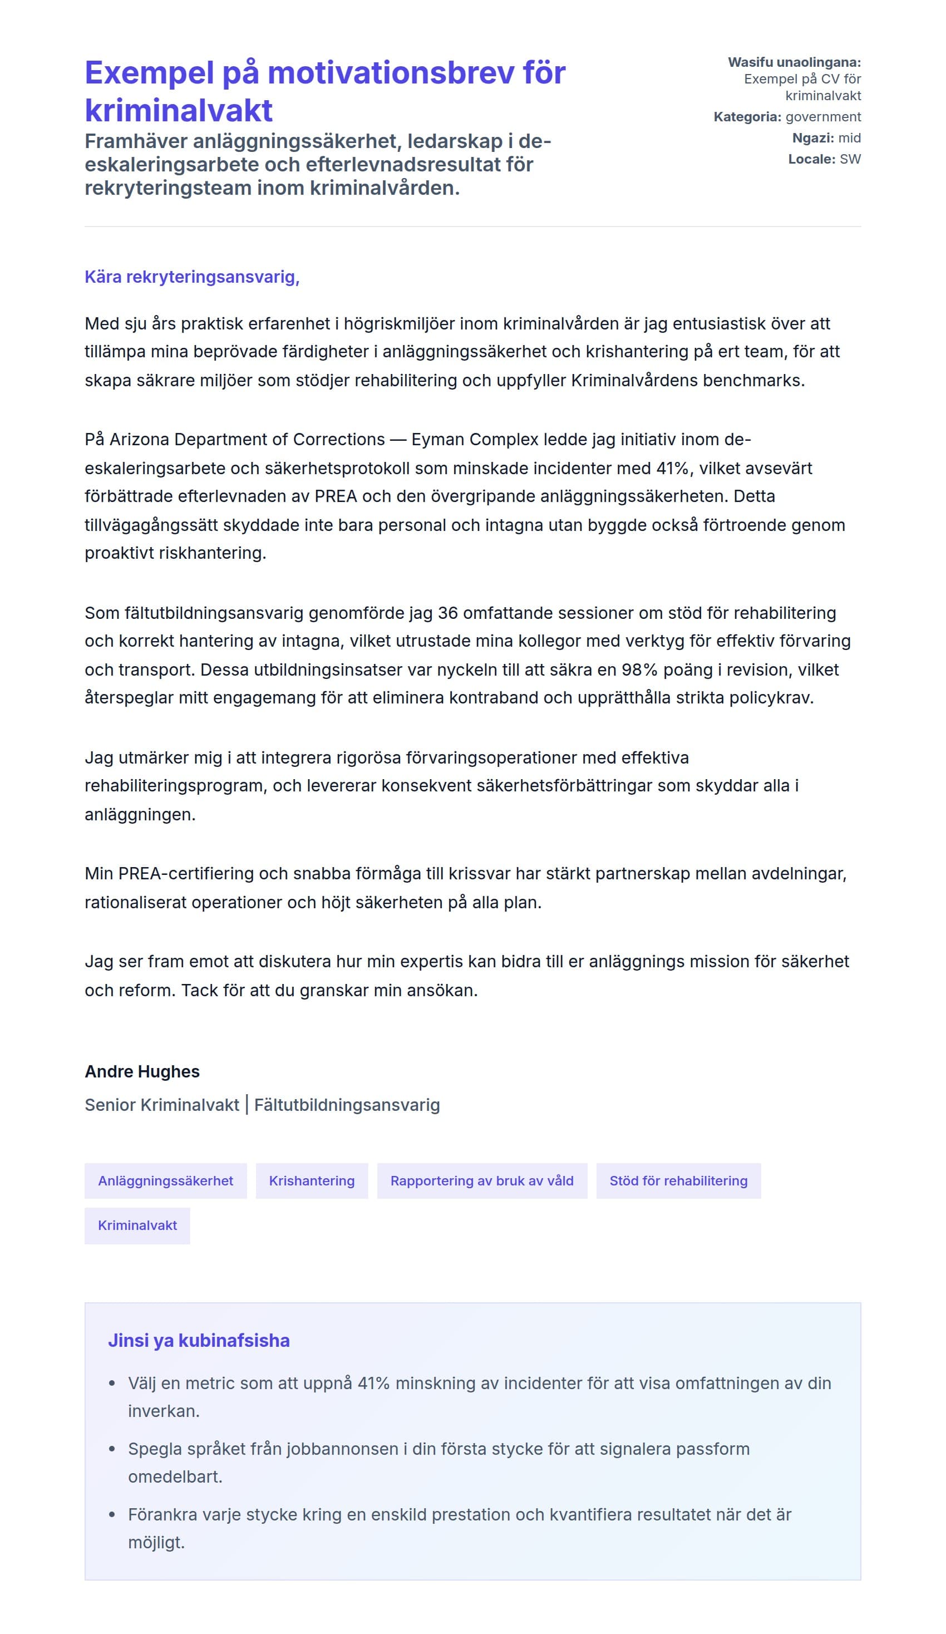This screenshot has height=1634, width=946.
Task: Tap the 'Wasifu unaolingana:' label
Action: click(794, 62)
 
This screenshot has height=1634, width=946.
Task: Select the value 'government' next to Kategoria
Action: click(823, 117)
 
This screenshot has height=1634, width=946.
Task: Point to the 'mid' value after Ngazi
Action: click(849, 137)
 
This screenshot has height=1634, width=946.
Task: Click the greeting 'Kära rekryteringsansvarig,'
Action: click(192, 277)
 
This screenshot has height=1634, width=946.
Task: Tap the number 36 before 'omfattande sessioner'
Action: click(447, 613)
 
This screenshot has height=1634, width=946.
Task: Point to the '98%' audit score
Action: click(639, 670)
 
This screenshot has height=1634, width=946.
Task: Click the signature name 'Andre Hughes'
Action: click(142, 1072)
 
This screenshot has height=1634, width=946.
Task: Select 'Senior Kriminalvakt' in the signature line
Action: click(162, 1105)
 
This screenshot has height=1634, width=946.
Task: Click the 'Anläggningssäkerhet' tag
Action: click(165, 1181)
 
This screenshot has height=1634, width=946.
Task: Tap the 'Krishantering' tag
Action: click(312, 1181)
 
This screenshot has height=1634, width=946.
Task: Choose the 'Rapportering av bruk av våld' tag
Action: click(482, 1181)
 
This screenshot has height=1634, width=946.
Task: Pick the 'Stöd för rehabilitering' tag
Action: click(678, 1181)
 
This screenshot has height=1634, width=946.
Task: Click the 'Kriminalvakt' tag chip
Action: click(137, 1225)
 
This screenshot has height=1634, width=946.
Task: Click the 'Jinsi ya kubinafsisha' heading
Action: click(199, 1340)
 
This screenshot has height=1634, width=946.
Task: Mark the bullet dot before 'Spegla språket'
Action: click(112, 1449)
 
